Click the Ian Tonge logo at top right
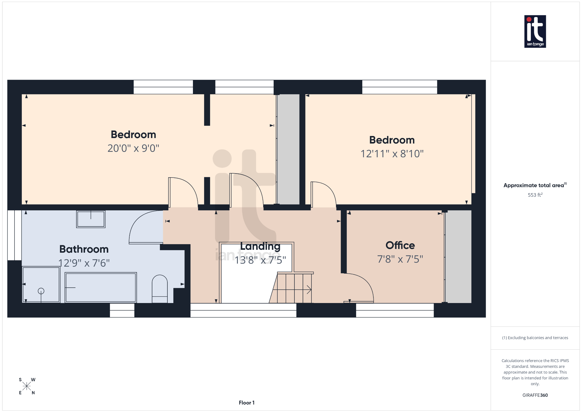[535, 31]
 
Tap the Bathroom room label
[84, 249]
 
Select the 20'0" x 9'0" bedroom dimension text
[133, 148]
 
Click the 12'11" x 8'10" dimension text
[392, 154]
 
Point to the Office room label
[400, 245]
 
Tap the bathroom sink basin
[91, 219]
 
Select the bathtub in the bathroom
[101, 287]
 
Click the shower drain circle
[41, 291]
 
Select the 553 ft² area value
[535, 195]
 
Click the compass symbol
[27, 386]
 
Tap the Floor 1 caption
[246, 403]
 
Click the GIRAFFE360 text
[535, 395]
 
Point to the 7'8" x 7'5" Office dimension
[400, 259]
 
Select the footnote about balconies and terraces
[535, 338]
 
